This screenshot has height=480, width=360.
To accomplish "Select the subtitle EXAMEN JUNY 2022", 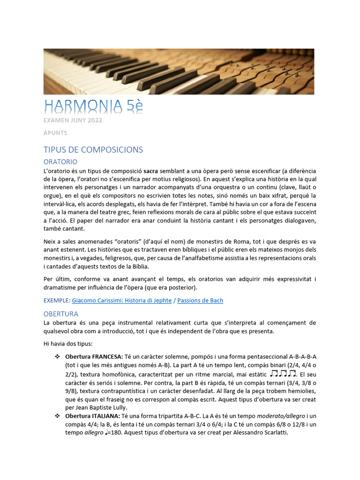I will click(73, 120).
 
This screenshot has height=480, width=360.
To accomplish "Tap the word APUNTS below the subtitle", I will click(55, 133).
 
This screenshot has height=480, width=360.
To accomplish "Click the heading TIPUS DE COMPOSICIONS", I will click(93, 150).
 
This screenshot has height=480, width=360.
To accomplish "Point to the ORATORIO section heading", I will click(60, 162).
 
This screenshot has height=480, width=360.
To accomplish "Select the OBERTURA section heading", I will click(61, 314).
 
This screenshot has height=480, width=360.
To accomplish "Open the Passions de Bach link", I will click(200, 300).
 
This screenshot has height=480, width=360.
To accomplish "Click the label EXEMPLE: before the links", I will click(57, 300).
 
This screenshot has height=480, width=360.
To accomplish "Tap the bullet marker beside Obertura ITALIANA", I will click(58, 416).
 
